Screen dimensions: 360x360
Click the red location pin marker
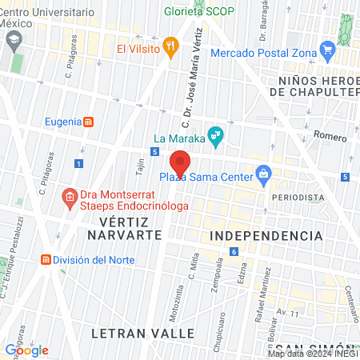(x=180, y=162)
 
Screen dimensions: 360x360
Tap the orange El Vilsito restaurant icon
(x=170, y=47)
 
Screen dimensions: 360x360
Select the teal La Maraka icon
(x=214, y=134)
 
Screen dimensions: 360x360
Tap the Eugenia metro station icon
(x=89, y=122)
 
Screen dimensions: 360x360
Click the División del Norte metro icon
(x=46, y=260)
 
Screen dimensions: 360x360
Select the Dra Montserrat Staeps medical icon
(x=70, y=195)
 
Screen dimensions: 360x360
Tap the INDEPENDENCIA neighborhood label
(x=266, y=236)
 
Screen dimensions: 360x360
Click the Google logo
(x=26, y=350)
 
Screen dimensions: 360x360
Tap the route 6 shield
(x=233, y=252)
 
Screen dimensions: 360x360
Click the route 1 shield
(x=78, y=163)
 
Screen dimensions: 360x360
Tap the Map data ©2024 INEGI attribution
(x=313, y=353)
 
